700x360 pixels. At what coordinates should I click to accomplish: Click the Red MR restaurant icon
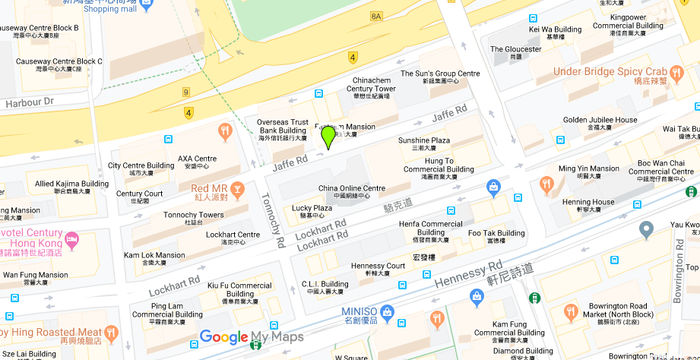tap(237, 189)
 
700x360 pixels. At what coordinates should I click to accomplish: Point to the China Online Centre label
tap(351, 192)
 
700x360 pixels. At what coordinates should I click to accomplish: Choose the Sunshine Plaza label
tap(424, 145)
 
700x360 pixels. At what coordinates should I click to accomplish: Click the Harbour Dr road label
tap(27, 101)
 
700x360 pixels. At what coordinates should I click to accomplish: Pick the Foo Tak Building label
tap(496, 237)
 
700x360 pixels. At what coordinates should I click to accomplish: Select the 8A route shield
tap(376, 17)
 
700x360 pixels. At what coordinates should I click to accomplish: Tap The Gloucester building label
tap(515, 52)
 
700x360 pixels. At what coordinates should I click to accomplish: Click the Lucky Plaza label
tap(312, 212)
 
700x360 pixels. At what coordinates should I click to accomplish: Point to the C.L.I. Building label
tap(325, 288)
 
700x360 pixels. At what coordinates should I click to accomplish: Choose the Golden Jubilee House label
tap(600, 124)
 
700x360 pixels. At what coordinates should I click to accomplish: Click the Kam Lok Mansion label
tap(155, 260)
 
